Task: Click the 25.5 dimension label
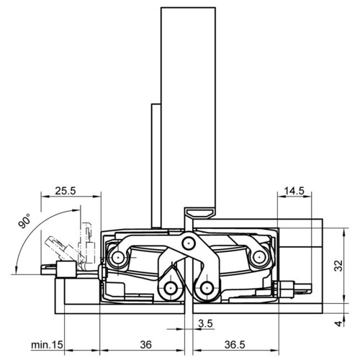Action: click(x=66, y=191)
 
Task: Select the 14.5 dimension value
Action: click(x=294, y=192)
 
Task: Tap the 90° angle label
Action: click(x=24, y=221)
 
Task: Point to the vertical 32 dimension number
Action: click(x=338, y=266)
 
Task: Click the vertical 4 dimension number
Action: click(x=338, y=323)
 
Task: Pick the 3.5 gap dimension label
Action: click(x=205, y=323)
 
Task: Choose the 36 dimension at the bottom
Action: click(x=146, y=345)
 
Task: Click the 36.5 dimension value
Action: click(x=235, y=345)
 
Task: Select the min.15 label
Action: click(x=47, y=345)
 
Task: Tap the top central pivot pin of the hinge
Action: click(x=189, y=243)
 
